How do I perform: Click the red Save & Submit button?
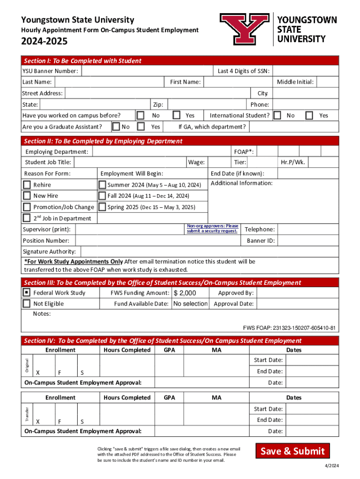coord(292,451)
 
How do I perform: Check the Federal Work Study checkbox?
coord(27,293)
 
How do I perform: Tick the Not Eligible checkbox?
coord(27,304)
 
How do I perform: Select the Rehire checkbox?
coord(27,185)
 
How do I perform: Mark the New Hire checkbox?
coord(27,196)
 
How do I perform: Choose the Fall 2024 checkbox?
coord(102,196)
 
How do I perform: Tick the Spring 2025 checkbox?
coord(102,207)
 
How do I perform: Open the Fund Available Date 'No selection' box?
coord(190,304)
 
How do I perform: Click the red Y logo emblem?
coord(244,28)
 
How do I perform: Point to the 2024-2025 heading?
coord(44,42)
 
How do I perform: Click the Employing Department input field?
coord(161,152)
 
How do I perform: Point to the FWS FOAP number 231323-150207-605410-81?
coord(289,328)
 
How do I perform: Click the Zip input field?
coord(206,104)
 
